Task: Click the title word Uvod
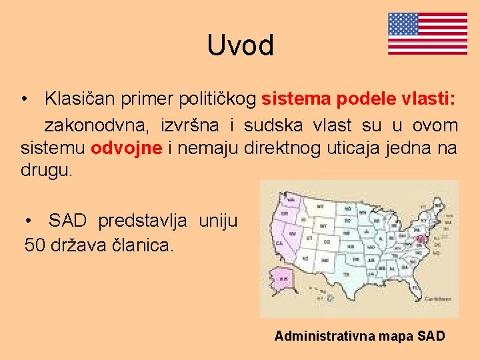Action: [x=240, y=45]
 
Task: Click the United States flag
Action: [x=427, y=33]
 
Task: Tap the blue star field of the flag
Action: [x=403, y=24]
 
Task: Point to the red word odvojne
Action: [x=127, y=147]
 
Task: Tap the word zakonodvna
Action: [x=97, y=125]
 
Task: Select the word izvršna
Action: [x=190, y=125]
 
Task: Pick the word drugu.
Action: [x=45, y=170]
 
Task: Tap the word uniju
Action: [x=217, y=221]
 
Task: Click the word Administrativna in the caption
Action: [x=323, y=336]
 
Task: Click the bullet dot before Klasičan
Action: [x=24, y=99]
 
